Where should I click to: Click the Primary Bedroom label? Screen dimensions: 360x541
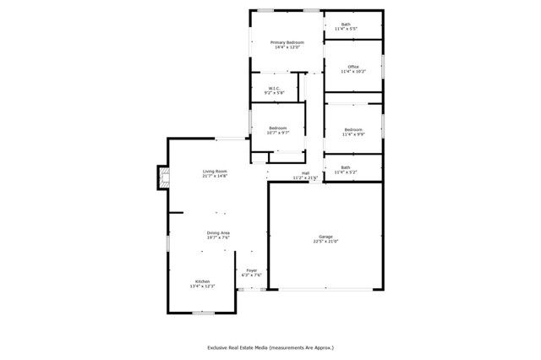pos(287,42)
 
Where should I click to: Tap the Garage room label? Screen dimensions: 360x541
pos(325,237)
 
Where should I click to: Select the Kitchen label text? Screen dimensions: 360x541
pos(203,281)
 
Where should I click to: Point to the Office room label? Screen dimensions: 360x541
pos(353,67)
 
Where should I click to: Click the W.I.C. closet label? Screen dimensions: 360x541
pos(274,88)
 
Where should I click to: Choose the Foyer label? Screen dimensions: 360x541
pos(252,270)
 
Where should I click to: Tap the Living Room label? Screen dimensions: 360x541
pos(215,172)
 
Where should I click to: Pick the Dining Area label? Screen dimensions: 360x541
pos(219,232)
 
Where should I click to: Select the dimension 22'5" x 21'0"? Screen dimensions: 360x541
pos(325,242)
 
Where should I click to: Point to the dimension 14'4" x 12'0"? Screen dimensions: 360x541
pos(287,47)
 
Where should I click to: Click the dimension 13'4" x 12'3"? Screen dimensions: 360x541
pos(203,286)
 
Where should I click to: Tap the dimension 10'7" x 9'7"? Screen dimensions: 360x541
pos(278,133)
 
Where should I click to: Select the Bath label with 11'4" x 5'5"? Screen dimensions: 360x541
pos(346,25)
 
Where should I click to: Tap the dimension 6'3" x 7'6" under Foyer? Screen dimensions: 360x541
pos(252,275)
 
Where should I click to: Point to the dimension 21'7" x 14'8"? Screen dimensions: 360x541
pos(215,177)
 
